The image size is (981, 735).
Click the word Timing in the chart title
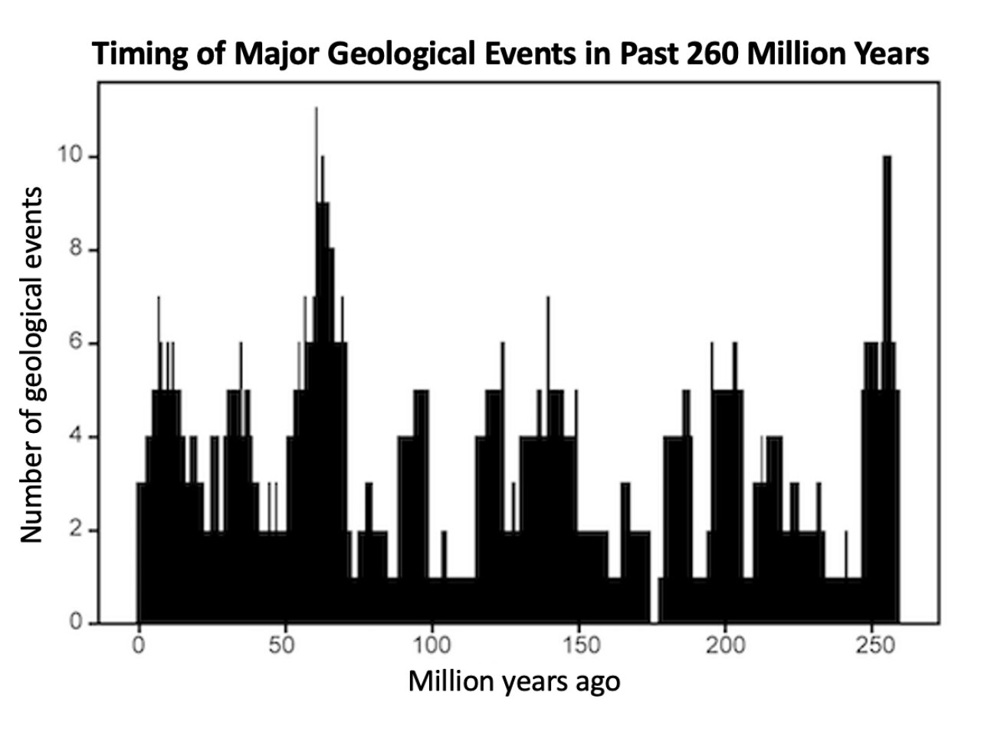(133, 55)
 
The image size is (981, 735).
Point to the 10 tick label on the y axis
(70, 157)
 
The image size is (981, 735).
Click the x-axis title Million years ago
(513, 681)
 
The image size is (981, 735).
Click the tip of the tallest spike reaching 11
(316, 110)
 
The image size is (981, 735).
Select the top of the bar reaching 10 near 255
(887, 158)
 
